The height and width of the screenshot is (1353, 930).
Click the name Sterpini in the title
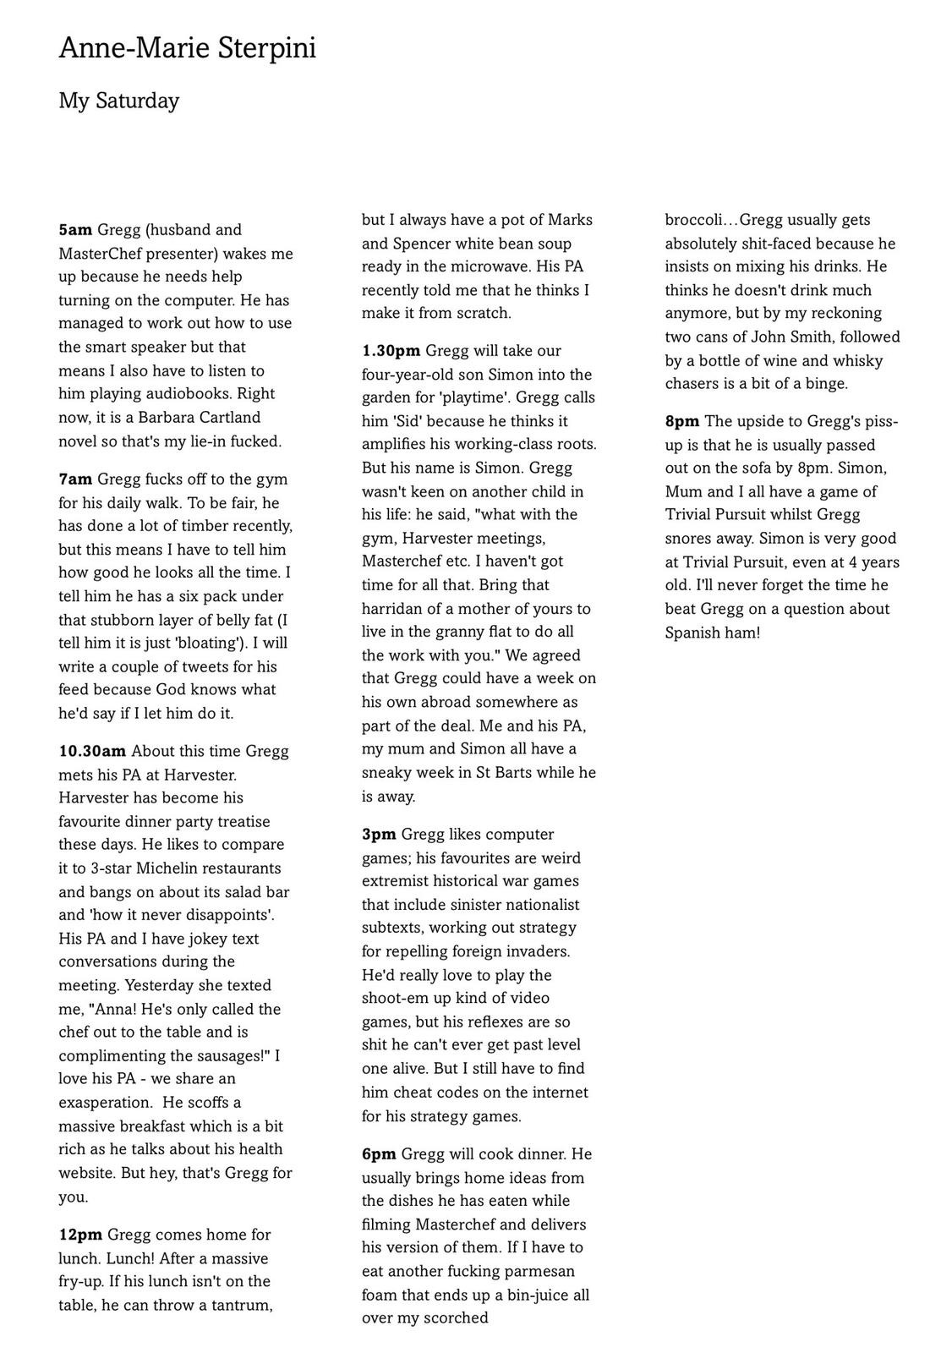click(267, 49)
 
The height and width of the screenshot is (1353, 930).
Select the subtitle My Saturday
click(119, 101)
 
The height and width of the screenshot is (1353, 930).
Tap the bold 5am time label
click(75, 230)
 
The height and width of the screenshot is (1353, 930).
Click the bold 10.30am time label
click(92, 751)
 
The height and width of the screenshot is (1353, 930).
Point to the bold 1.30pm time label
click(391, 351)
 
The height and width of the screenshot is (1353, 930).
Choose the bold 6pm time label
click(379, 1154)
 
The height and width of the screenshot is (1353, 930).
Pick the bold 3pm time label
click(379, 835)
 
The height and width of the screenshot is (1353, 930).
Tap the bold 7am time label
click(75, 479)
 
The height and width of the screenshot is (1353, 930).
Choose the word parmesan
click(533, 1271)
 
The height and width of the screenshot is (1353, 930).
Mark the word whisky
click(856, 361)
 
